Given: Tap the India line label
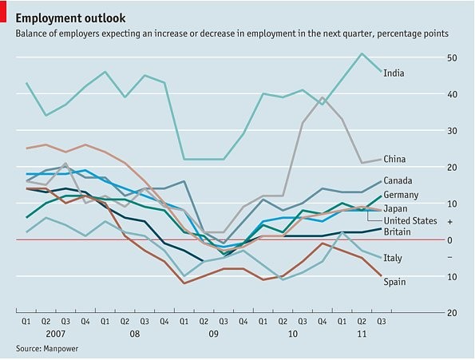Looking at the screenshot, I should coord(393,73).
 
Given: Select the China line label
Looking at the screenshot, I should coord(394,159).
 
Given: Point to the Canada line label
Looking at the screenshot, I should coord(398,181).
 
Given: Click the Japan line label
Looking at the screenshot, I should coord(396,208).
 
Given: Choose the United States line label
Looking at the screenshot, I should coord(410,220).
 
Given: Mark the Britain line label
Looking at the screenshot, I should coord(398,231).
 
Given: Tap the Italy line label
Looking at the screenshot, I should coord(393,258).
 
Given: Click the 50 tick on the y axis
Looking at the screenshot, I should coord(452,58).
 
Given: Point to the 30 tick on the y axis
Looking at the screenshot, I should coord(452,131).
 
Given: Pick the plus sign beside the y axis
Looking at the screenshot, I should coord(451,222).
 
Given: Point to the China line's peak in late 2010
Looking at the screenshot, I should coord(323,98).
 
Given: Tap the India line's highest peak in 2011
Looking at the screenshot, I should coord(362,53).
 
